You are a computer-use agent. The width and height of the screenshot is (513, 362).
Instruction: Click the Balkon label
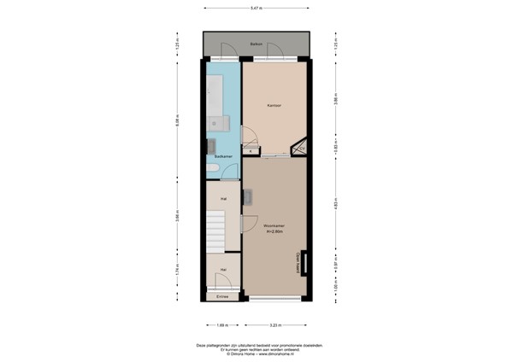point(256,44)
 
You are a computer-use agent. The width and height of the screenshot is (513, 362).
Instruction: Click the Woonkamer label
point(274,225)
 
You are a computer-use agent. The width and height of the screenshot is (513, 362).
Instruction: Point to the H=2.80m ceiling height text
point(274,231)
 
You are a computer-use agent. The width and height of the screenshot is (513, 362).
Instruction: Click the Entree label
point(222,297)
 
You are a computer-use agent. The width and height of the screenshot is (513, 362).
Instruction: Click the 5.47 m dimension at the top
point(256,9)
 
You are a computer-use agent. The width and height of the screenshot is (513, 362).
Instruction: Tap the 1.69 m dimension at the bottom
point(222,324)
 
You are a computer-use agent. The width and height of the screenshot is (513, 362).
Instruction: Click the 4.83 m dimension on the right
point(336,205)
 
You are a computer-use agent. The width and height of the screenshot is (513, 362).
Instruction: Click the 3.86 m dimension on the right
point(336,100)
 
